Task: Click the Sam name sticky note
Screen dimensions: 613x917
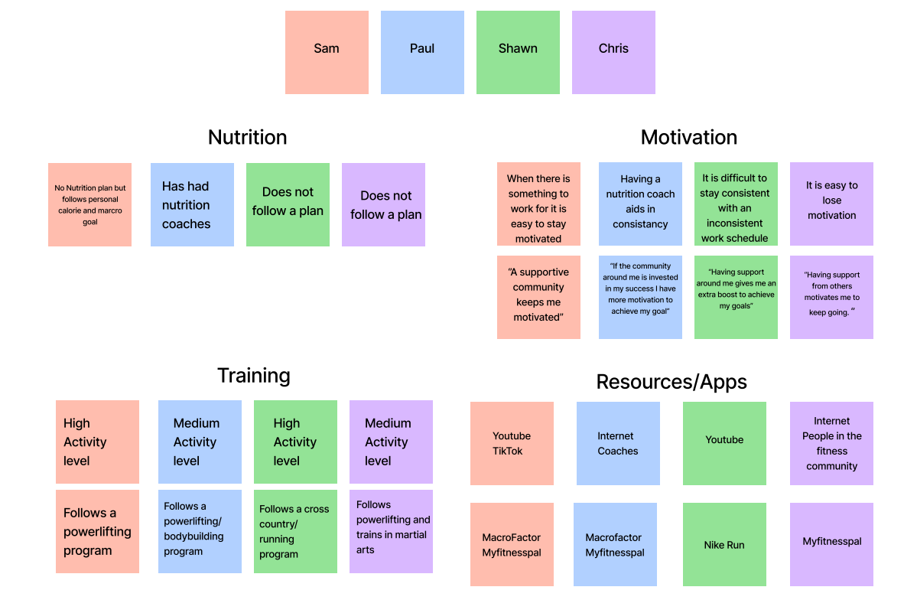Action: (327, 52)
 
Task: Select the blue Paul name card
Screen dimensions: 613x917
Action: (422, 52)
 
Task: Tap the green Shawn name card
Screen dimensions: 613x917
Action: (518, 52)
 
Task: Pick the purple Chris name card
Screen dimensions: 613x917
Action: (613, 52)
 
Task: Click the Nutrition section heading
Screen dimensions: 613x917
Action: (248, 138)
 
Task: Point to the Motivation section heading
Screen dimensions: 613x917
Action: (689, 138)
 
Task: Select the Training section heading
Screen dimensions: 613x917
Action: (254, 376)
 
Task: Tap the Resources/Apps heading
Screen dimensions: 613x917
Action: (671, 382)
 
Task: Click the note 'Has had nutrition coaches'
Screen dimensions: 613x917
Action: (192, 204)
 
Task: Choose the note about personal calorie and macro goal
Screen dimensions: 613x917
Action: (89, 204)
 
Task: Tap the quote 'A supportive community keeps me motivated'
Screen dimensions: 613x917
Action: (538, 297)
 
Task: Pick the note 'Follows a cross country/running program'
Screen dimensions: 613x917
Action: (295, 531)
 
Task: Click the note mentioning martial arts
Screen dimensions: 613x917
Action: (391, 531)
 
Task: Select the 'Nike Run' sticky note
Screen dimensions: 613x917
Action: (724, 544)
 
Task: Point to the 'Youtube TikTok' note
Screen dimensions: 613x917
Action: (512, 443)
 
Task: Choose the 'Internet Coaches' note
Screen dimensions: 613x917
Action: (618, 443)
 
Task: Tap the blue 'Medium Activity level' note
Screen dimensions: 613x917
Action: (200, 442)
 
